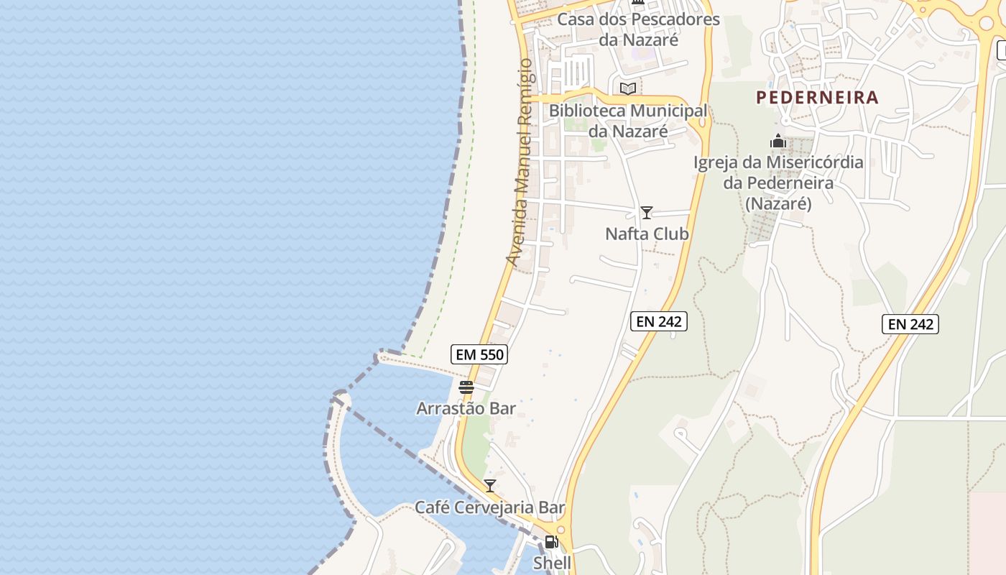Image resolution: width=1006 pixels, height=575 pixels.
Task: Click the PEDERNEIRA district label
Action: pyautogui.click(x=817, y=98)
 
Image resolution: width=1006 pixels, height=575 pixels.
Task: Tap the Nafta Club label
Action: pyautogui.click(x=647, y=234)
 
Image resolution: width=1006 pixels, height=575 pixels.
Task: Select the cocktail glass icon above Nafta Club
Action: pyautogui.click(x=647, y=213)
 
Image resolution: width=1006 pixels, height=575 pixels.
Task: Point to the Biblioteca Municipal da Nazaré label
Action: pyautogui.click(x=628, y=121)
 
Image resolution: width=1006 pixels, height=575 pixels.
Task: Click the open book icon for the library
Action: pyautogui.click(x=628, y=88)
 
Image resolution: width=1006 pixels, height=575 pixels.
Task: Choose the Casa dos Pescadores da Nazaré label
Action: pyautogui.click(x=638, y=29)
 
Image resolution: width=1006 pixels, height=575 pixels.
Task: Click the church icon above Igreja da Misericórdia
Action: pyautogui.click(x=778, y=142)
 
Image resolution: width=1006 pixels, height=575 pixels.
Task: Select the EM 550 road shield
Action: pyautogui.click(x=479, y=354)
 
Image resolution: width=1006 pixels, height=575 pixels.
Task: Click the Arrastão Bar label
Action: pyautogui.click(x=466, y=408)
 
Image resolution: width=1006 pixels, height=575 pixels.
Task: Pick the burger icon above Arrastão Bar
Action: pyautogui.click(x=466, y=387)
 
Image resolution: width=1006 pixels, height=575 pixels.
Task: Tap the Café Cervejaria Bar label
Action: pyautogui.click(x=490, y=507)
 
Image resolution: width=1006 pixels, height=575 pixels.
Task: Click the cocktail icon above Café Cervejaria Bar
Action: pyautogui.click(x=490, y=486)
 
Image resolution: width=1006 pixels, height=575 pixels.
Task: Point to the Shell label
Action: pyautogui.click(x=552, y=563)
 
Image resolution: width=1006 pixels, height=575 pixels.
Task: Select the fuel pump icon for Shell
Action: pyautogui.click(x=551, y=542)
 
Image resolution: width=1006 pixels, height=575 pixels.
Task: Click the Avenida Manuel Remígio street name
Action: pyautogui.click(x=520, y=162)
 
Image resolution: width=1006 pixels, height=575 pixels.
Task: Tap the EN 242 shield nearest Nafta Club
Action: pyautogui.click(x=659, y=321)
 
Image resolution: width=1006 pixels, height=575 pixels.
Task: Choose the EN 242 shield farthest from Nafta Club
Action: pyautogui.click(x=910, y=324)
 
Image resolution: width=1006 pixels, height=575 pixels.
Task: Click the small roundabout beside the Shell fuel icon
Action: pyautogui.click(x=561, y=530)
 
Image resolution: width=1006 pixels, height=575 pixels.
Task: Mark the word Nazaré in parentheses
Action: pyautogui.click(x=778, y=204)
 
